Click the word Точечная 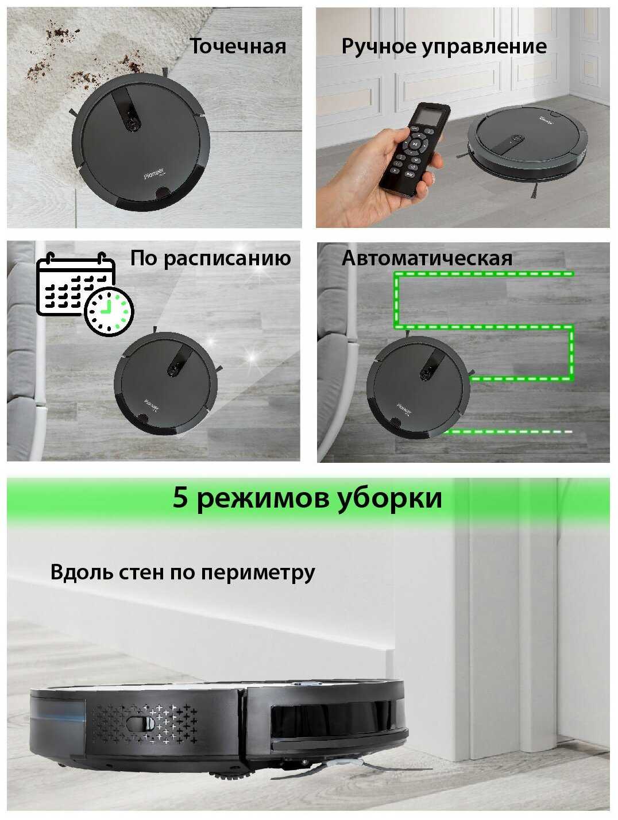tap(238, 46)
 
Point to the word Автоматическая tap(427, 258)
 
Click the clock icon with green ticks tap(109, 312)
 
